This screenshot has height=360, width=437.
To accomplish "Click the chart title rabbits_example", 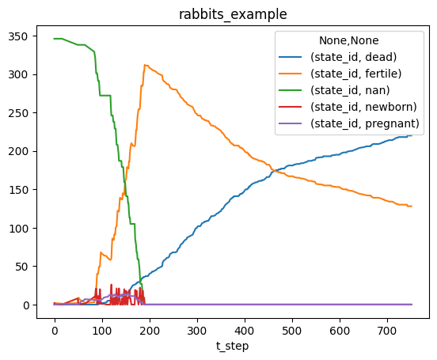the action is point(233,14).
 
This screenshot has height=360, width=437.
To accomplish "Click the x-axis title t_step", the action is point(232,346).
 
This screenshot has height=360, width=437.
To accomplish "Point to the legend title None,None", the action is point(349,40).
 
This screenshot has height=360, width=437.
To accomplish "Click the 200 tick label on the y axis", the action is point(18,151).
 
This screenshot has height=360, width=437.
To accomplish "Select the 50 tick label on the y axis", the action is point(21,267).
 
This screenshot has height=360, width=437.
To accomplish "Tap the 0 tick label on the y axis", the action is point(25,305).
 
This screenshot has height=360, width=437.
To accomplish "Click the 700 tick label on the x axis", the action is point(387,331).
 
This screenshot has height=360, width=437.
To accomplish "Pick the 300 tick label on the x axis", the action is point(197,331).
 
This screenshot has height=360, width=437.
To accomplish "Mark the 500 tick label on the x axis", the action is point(292,331).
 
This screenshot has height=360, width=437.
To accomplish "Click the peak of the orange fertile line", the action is point(145,65).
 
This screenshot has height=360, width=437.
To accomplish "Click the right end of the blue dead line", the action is point(412,135).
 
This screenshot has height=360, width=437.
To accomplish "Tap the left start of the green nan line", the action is point(55,39).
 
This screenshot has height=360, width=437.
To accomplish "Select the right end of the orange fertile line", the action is point(412,207).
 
